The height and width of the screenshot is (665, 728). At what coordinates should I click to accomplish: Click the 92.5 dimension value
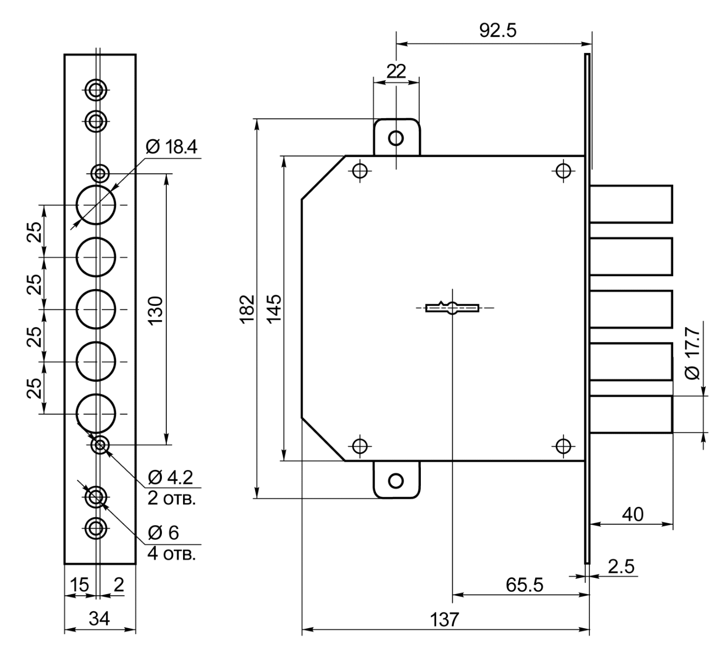click(498, 30)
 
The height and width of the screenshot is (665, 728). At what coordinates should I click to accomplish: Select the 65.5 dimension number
click(524, 585)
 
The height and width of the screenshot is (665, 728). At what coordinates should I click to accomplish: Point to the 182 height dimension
click(248, 309)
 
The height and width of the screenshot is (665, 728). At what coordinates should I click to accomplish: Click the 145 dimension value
click(275, 309)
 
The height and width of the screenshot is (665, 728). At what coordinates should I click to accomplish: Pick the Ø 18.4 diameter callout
click(172, 147)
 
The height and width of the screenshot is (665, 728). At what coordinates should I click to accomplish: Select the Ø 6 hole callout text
click(164, 532)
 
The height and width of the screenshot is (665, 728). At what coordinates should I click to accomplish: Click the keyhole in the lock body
click(452, 308)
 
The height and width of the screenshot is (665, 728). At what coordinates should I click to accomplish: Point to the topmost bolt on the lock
click(631, 204)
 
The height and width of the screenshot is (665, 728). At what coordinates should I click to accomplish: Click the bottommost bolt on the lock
click(631, 414)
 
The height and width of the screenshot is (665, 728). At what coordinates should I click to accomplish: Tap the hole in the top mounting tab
click(396, 138)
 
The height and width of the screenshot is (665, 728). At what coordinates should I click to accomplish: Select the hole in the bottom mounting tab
click(396, 481)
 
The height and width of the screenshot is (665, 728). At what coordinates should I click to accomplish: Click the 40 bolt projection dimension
click(633, 514)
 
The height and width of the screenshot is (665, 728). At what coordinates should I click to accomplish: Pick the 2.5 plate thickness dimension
click(621, 566)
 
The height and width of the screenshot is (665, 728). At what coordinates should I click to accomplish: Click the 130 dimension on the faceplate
click(156, 311)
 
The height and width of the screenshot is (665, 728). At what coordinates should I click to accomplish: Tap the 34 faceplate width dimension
click(100, 618)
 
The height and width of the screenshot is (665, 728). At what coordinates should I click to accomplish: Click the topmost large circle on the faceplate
click(96, 205)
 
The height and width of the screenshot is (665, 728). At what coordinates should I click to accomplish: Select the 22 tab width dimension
click(396, 71)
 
